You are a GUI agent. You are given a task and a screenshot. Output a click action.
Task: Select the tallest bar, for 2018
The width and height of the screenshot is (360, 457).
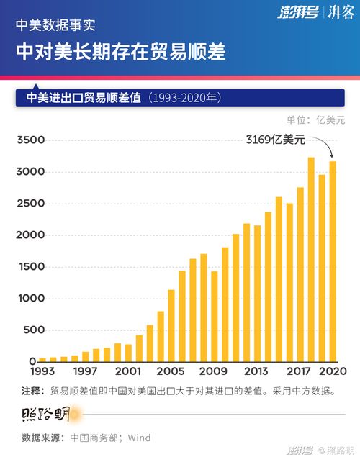(x=311, y=259)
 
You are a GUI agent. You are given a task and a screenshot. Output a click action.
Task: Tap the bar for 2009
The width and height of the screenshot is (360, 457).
(x=215, y=316)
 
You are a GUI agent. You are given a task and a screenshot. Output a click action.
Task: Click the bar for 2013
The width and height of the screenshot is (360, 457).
(x=257, y=303)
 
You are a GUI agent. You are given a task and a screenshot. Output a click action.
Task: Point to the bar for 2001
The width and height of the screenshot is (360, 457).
(x=128, y=353)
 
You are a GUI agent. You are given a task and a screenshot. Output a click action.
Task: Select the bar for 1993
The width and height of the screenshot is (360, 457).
(x=42, y=359)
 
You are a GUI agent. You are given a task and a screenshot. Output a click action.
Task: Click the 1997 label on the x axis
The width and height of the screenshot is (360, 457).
(x=85, y=371)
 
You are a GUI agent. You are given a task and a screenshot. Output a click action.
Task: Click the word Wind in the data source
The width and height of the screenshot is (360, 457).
(x=140, y=438)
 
